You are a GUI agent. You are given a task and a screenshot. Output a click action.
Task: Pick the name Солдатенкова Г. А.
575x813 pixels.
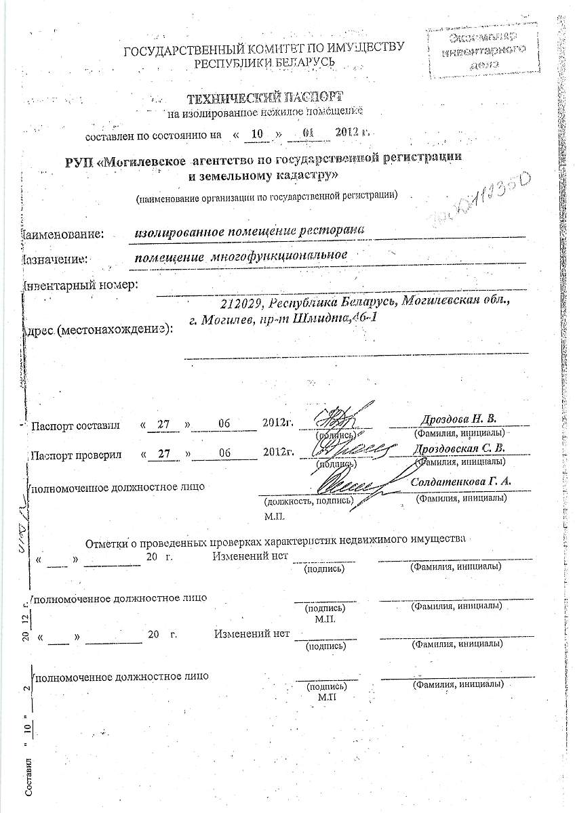pyautogui.click(x=461, y=482)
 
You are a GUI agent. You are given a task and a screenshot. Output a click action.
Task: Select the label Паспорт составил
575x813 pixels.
pyautogui.click(x=75, y=425)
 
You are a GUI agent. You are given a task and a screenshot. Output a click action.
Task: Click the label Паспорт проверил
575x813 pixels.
pyautogui.click(x=75, y=455)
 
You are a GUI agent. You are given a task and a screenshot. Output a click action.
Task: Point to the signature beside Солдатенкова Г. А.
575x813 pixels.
pyautogui.click(x=346, y=484)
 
